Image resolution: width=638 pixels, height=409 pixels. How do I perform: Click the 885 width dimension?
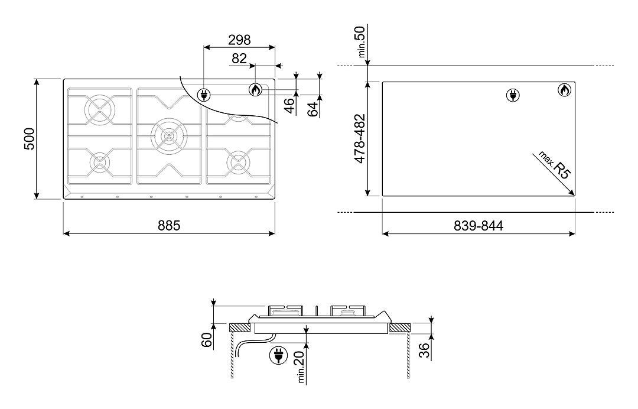pos(169,225)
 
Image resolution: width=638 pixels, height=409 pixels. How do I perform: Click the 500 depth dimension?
pos(30,139)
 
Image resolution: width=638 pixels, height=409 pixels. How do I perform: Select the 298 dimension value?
pos(239,40)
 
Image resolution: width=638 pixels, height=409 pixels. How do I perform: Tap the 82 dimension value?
pos(239,59)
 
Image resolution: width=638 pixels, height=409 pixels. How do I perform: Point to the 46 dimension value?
pos(288,106)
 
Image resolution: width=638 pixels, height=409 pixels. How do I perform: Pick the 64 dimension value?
pos(312,109)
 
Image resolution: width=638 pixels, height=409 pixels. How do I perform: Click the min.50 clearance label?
pos(360,41)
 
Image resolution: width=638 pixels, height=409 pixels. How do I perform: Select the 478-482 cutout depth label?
pos(360,139)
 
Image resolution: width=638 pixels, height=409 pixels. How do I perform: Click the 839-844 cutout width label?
pos(479,225)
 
